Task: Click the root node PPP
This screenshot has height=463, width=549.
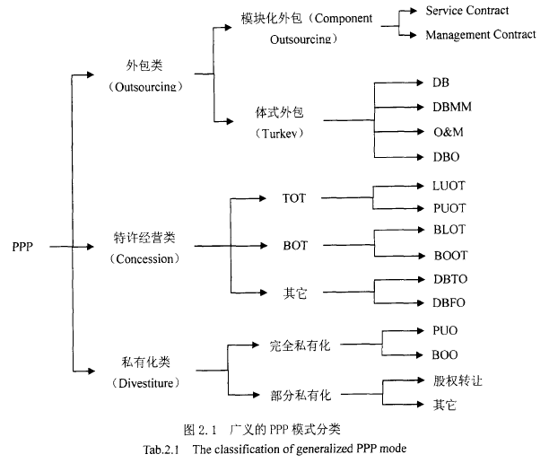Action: point(23,244)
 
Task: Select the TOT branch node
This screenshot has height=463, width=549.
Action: point(294,197)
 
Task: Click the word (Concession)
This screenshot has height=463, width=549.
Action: point(146,259)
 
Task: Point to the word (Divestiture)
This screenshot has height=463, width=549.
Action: point(144,383)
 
